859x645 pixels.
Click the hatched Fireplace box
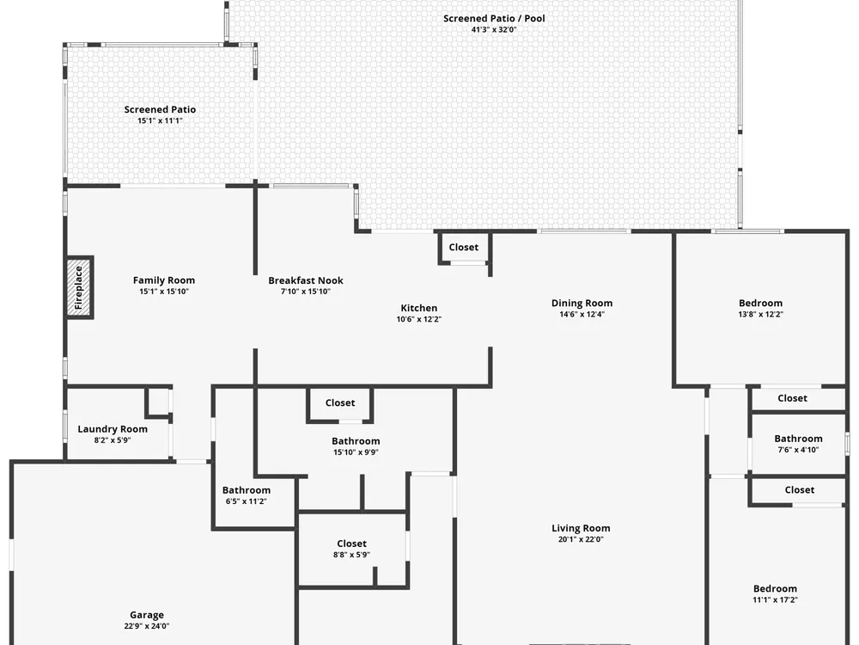coord(78,287)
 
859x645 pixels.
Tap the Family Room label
coord(164,280)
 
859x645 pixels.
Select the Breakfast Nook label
coord(306,280)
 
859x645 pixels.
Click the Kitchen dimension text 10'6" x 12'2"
coord(419,319)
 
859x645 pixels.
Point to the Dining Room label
coord(582,303)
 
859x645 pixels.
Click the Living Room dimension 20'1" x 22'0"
coord(581,539)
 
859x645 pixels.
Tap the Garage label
coord(147,616)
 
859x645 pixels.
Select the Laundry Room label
coord(113,429)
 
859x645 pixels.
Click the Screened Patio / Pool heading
coord(494,18)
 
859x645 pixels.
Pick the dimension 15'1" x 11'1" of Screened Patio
coord(160,120)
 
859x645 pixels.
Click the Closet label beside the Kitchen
coord(464,248)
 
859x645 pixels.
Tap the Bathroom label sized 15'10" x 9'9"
coord(356,441)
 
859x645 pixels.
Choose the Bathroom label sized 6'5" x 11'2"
coord(246,490)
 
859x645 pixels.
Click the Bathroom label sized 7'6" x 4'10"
coord(798,439)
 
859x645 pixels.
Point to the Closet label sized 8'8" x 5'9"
coord(351,544)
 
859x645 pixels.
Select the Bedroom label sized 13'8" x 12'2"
coord(760,303)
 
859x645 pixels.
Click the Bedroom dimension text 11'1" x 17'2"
coord(775,600)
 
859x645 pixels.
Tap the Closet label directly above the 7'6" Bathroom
coord(792,398)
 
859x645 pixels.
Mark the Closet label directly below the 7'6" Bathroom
coord(799,490)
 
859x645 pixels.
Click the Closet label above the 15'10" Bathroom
coord(340,402)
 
